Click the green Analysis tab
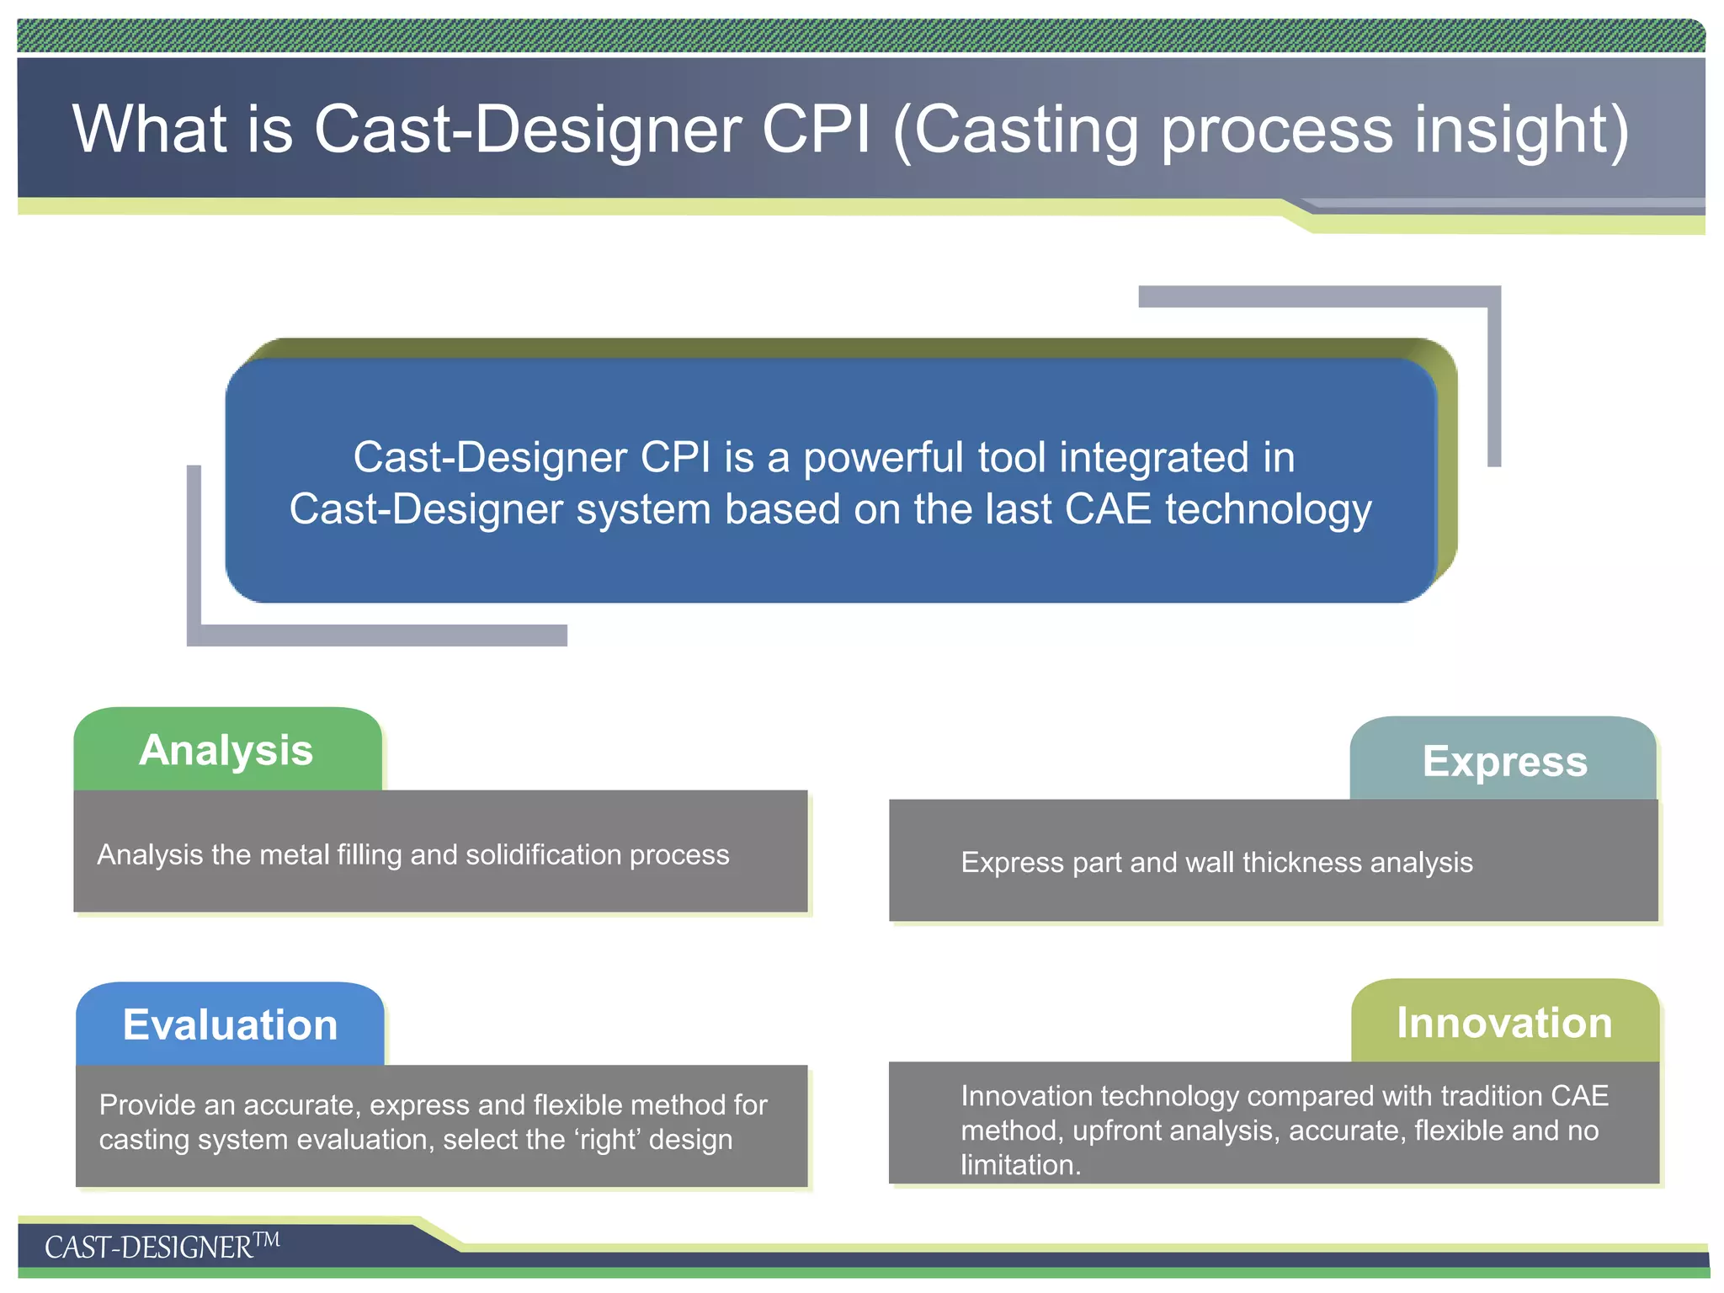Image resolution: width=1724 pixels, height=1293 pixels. pyautogui.click(x=226, y=750)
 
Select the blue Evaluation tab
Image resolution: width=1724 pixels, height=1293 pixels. pyautogui.click(x=230, y=1024)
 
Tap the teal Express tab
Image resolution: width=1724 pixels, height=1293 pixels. pyautogui.click(x=1504, y=761)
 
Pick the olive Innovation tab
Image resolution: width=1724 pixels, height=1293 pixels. pyautogui.click(x=1504, y=1023)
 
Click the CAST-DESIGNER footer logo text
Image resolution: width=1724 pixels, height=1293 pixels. pyautogui.click(x=148, y=1248)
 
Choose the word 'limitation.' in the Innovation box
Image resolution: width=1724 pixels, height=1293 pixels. pyautogui.click(x=1020, y=1165)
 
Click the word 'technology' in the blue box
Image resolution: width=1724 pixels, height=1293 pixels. pyautogui.click(x=1269, y=510)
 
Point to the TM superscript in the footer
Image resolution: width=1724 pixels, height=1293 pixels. pyautogui.click(x=267, y=1239)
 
